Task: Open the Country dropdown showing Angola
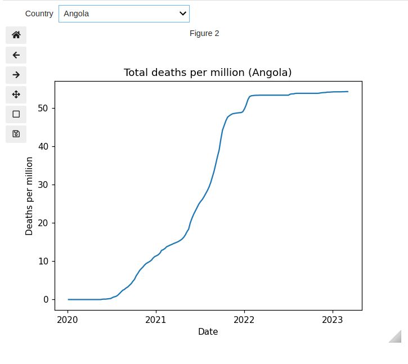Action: pos(124,14)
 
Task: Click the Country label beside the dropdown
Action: pos(39,14)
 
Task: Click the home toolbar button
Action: pos(16,35)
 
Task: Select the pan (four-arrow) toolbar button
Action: pos(16,95)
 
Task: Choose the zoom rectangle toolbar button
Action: pos(16,114)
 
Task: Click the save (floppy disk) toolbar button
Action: pos(16,134)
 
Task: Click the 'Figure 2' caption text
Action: pos(204,33)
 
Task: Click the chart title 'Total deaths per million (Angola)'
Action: pos(208,73)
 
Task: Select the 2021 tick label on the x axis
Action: pos(156,320)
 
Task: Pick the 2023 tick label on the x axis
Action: pos(333,320)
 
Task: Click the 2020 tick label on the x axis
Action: pos(68,320)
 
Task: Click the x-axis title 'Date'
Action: pos(208,332)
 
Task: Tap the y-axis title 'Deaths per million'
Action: pos(29,196)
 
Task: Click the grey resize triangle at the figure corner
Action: pos(396,337)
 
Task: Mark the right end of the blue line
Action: pos(348,91)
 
